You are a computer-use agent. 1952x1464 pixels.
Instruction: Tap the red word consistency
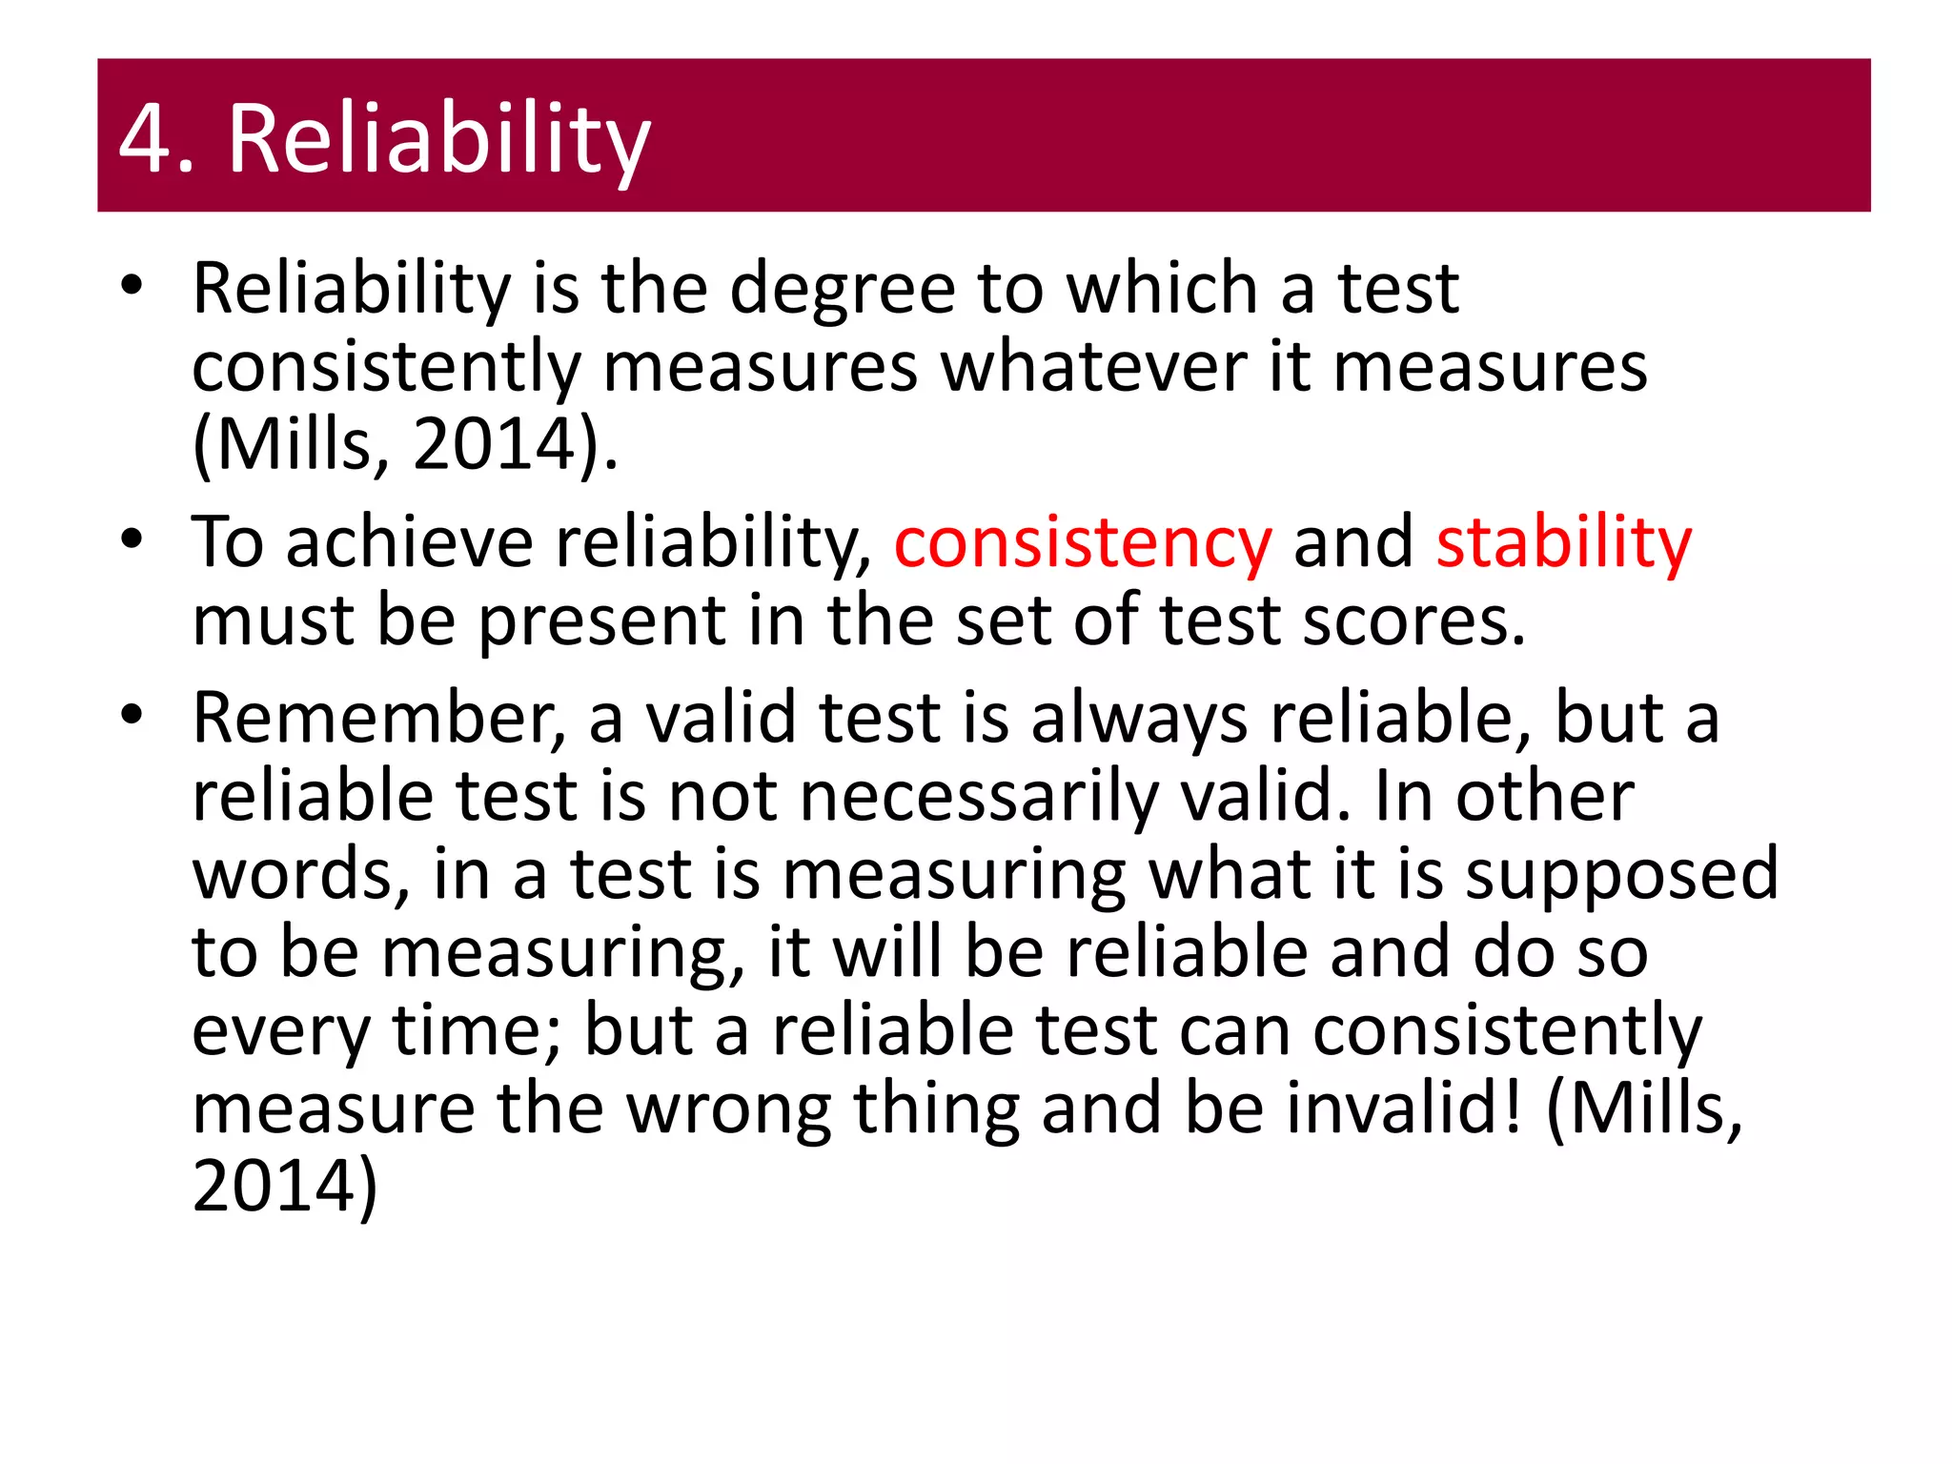point(1083,543)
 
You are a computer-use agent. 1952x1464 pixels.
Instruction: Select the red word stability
point(1563,543)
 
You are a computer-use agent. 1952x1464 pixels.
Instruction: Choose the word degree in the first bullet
point(843,289)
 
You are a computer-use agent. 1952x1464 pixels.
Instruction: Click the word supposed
point(1620,875)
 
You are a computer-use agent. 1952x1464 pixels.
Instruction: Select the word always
point(1139,719)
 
